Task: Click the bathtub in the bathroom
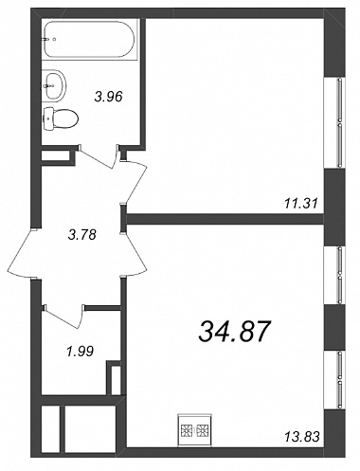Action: point(91,39)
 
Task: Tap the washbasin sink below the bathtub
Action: point(54,85)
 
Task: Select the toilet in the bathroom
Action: point(60,118)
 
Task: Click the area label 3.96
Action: point(108,97)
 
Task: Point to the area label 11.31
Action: point(300,203)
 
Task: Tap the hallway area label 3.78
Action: point(82,235)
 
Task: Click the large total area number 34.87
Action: point(235,332)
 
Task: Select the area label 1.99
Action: point(80,351)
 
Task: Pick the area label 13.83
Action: point(302,437)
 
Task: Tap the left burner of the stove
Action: point(187,430)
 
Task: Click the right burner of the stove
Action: point(203,430)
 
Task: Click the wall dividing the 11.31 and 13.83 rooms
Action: point(225,219)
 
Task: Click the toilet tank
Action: point(48,118)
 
